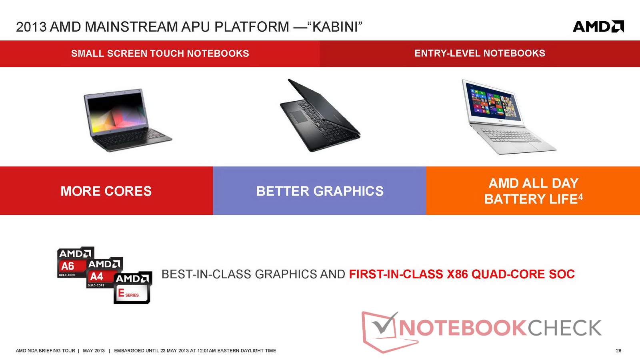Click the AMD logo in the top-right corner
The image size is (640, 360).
[x=598, y=26]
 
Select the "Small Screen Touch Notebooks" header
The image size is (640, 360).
[x=160, y=54]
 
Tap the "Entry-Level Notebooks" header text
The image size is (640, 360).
[x=480, y=53]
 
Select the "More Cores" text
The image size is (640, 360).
[x=106, y=191]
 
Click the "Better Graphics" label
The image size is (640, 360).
[x=320, y=191]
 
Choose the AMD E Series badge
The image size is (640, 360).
[x=132, y=288]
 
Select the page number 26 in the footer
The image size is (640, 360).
[x=618, y=350]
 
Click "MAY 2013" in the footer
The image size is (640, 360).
[x=94, y=350]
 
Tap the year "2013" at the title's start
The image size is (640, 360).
[x=31, y=27]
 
